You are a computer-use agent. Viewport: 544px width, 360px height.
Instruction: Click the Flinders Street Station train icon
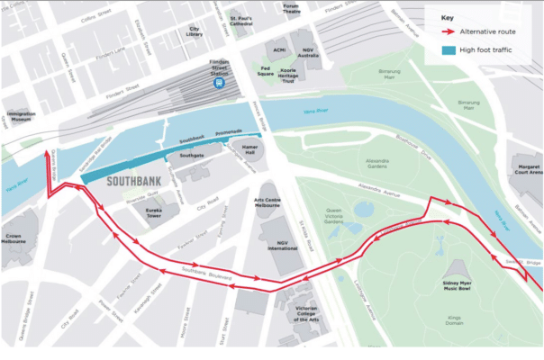click(x=219, y=82)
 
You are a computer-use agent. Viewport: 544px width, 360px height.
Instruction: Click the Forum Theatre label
click(x=291, y=8)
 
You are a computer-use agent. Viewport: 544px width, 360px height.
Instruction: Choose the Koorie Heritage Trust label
click(x=288, y=77)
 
